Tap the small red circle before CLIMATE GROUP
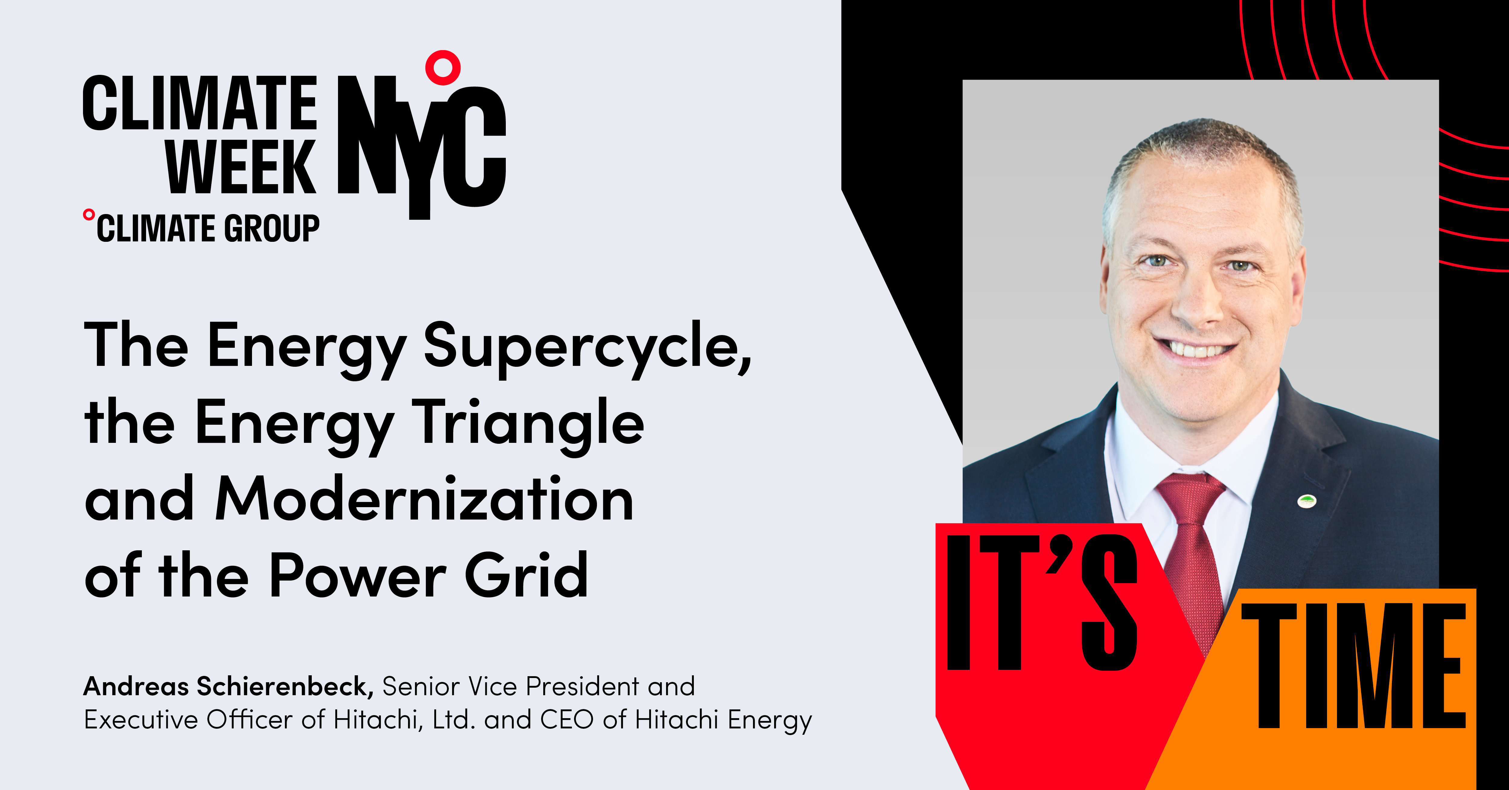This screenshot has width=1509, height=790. tap(88, 215)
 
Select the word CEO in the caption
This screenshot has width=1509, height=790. tap(566, 720)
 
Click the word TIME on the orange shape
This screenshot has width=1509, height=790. tap(1353, 665)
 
